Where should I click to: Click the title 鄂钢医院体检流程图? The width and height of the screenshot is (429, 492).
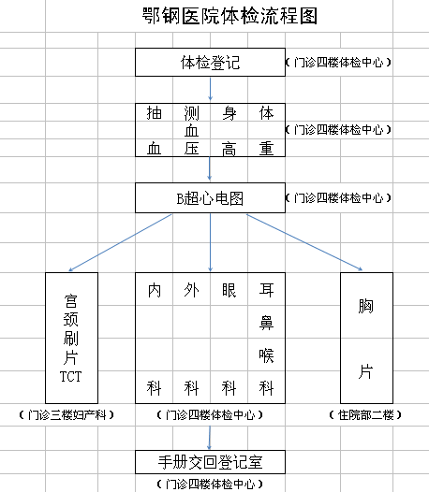coord(229,16)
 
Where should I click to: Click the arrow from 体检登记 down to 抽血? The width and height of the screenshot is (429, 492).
coord(210,89)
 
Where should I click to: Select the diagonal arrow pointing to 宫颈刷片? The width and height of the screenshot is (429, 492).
coord(120,242)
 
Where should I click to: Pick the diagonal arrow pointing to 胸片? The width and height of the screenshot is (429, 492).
coord(304,242)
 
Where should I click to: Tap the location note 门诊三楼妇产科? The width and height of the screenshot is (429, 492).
coord(67,415)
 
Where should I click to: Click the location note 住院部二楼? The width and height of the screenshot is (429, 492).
coord(365,415)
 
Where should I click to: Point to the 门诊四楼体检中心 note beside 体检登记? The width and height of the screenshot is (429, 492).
coord(338,62)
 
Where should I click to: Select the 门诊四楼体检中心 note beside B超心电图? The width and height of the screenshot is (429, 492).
coord(338,198)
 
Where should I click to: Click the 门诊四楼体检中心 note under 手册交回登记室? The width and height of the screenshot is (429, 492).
coord(210,484)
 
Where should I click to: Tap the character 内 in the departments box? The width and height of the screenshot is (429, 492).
coord(155,290)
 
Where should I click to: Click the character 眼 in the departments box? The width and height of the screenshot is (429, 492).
coord(229,290)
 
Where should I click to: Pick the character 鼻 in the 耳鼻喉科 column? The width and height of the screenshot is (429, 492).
coord(266,323)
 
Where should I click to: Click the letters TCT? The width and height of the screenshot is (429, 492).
coord(70,377)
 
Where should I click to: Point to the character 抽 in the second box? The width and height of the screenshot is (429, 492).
coord(155,113)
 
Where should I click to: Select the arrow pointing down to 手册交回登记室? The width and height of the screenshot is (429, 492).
coord(209,438)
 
